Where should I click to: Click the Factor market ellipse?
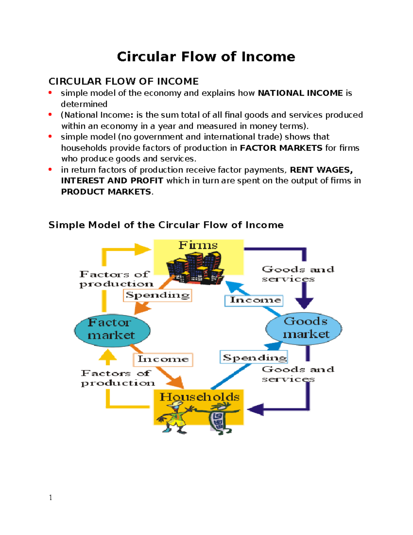tap(112, 330)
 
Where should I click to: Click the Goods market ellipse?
tap(304, 328)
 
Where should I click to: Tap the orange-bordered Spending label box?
tap(157, 295)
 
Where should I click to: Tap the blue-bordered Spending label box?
tap(254, 357)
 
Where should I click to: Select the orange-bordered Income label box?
tap(163, 359)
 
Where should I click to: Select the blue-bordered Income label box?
tap(254, 300)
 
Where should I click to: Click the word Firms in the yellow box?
tap(198, 245)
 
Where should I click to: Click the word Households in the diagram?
tap(199, 397)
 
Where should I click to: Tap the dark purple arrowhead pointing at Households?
tap(256, 409)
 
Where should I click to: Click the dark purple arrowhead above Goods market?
tap(304, 302)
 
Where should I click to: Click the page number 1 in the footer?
tap(51, 497)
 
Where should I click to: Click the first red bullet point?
tap(50, 93)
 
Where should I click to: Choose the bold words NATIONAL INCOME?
tap(300, 93)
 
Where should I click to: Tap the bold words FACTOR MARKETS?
tap(281, 148)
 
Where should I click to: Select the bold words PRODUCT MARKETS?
tap(106, 192)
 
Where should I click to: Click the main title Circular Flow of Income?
tap(206, 57)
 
